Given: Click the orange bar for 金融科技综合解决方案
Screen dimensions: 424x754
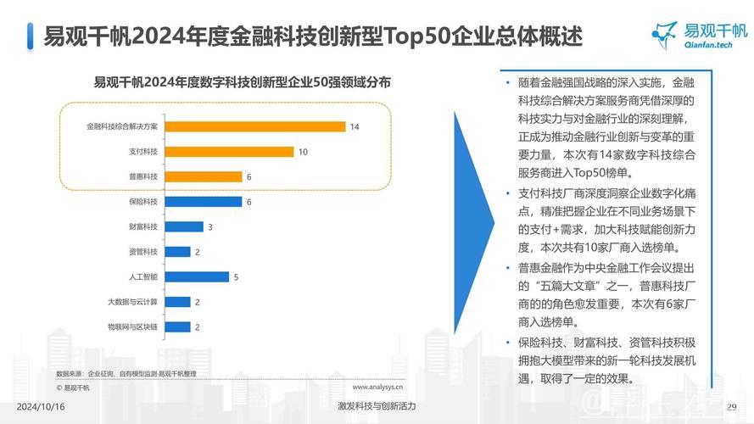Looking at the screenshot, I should (x=256, y=126).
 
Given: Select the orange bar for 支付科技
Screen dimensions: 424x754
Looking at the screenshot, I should (x=230, y=152).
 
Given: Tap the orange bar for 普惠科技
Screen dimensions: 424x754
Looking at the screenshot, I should (x=204, y=176).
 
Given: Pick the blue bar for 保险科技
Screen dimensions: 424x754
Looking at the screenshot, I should (x=204, y=202).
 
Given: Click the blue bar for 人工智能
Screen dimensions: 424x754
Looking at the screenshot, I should (x=198, y=276).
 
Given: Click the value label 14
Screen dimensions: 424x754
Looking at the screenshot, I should (x=355, y=126).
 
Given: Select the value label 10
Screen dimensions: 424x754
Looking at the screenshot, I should (x=303, y=152).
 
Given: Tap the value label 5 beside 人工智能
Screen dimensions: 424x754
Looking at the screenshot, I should (x=237, y=276).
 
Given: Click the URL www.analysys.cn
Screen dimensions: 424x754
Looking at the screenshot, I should (x=377, y=387).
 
